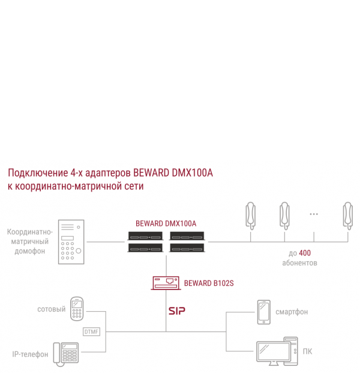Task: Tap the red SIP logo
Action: point(177,311)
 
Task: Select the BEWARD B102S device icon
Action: point(166,283)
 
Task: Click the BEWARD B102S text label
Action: point(208,283)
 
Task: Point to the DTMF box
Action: point(91,331)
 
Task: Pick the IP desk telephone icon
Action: point(67,353)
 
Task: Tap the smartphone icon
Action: point(263,312)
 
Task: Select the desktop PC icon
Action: point(277,352)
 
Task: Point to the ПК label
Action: point(307,351)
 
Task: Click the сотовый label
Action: point(51,309)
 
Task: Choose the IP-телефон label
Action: point(30,354)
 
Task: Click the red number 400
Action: point(305,253)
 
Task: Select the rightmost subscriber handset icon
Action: point(347,215)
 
